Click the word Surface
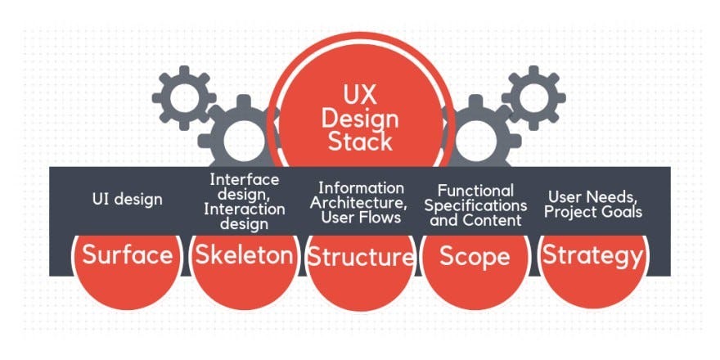(x=128, y=255)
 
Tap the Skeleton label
(x=244, y=255)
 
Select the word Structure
(x=360, y=257)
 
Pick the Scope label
(x=475, y=255)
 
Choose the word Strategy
(x=593, y=255)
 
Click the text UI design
(x=128, y=198)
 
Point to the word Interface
(x=244, y=179)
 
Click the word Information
(x=361, y=187)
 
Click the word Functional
(x=475, y=190)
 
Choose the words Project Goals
(x=595, y=212)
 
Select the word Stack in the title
(x=360, y=141)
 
